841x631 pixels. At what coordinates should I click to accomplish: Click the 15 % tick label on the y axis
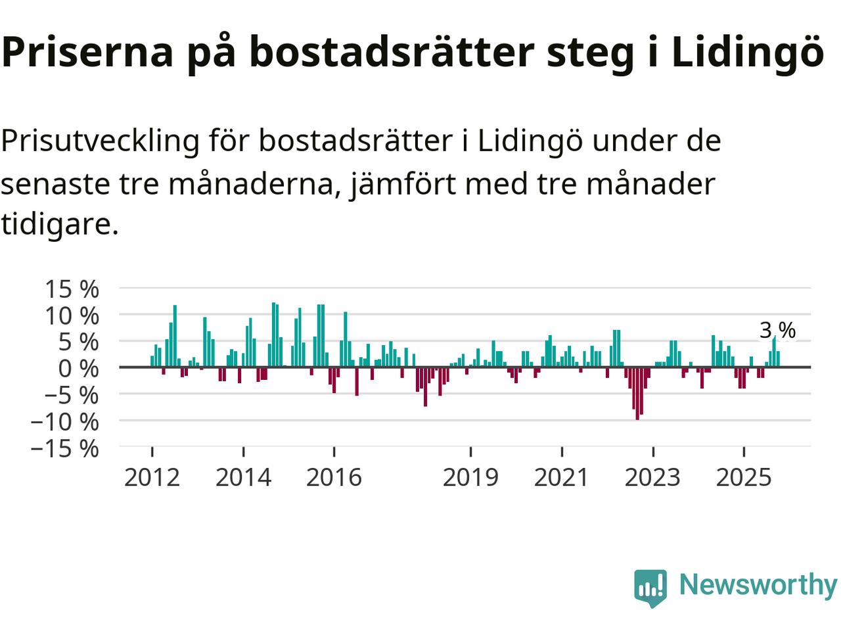point(72,289)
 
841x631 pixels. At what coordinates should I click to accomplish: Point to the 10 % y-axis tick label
point(72,315)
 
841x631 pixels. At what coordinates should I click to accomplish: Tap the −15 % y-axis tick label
point(64,448)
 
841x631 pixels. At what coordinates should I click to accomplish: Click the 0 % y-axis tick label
point(78,369)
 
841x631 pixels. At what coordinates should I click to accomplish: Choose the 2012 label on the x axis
point(152,477)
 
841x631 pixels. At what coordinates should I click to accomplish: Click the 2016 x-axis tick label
point(334,477)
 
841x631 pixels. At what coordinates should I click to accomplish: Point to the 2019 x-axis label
point(470,477)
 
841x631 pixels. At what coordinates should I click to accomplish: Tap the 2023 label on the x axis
point(652,477)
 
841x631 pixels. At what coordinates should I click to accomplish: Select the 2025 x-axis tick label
point(744,477)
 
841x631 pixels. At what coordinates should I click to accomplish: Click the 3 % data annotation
point(777,331)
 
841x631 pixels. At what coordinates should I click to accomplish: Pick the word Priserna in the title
point(87,53)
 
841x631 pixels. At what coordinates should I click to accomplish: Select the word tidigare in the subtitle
point(59,224)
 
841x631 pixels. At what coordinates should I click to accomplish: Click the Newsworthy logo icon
point(650,587)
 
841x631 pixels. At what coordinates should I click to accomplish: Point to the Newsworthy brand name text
point(758,584)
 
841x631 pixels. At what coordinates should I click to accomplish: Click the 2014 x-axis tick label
point(243,477)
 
